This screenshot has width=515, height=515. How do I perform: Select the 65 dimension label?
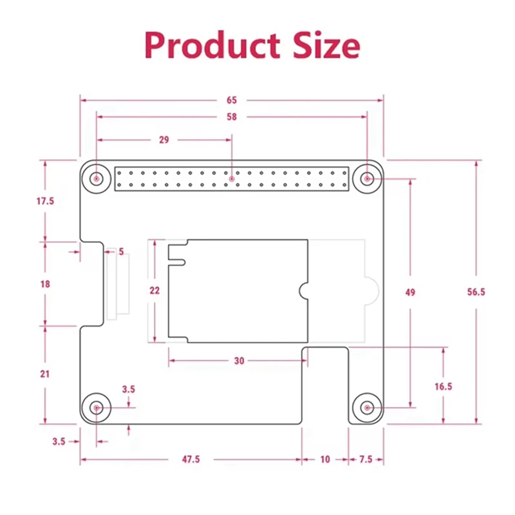tap(232, 100)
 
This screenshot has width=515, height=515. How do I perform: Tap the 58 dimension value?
tap(232, 117)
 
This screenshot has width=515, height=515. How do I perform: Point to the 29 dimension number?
tap(164, 139)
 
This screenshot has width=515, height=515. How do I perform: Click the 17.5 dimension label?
tap(45, 201)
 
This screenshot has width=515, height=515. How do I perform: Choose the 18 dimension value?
tap(45, 283)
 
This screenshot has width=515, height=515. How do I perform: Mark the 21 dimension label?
tap(45, 373)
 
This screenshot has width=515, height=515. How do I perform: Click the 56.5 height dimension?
tap(476, 292)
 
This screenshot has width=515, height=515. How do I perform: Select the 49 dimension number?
tap(410, 292)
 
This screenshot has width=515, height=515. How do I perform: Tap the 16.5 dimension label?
tap(444, 386)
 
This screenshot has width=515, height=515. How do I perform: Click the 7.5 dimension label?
tap(366, 459)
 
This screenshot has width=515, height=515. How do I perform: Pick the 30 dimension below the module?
tap(239, 361)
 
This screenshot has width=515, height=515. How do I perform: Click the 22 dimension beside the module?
tap(154, 290)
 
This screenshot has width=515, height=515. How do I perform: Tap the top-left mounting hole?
tap(97, 178)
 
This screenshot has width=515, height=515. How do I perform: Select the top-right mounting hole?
tap(367, 178)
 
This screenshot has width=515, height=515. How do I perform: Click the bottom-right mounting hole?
tap(367, 407)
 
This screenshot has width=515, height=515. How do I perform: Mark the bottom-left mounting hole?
tap(97, 407)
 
